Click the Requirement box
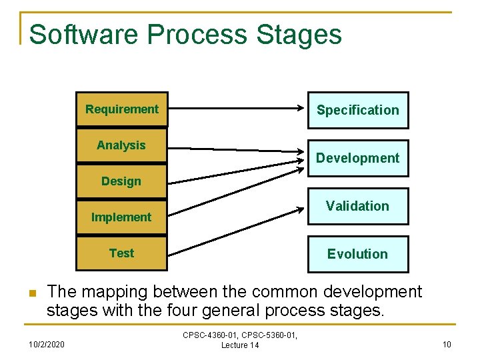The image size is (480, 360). (122, 109)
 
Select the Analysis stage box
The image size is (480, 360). (121, 145)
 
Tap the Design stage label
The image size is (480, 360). (121, 181)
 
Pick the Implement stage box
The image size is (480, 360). (121, 217)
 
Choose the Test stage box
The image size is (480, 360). (121, 253)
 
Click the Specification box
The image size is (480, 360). (357, 110)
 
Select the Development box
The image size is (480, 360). (357, 158)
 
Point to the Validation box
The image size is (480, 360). (357, 206)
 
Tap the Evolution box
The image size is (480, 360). (357, 254)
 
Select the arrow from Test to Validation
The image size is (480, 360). (233, 231)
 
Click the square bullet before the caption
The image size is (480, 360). (31, 293)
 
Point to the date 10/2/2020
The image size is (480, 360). (48, 344)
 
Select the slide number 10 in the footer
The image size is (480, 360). (446, 344)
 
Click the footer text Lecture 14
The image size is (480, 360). (240, 345)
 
